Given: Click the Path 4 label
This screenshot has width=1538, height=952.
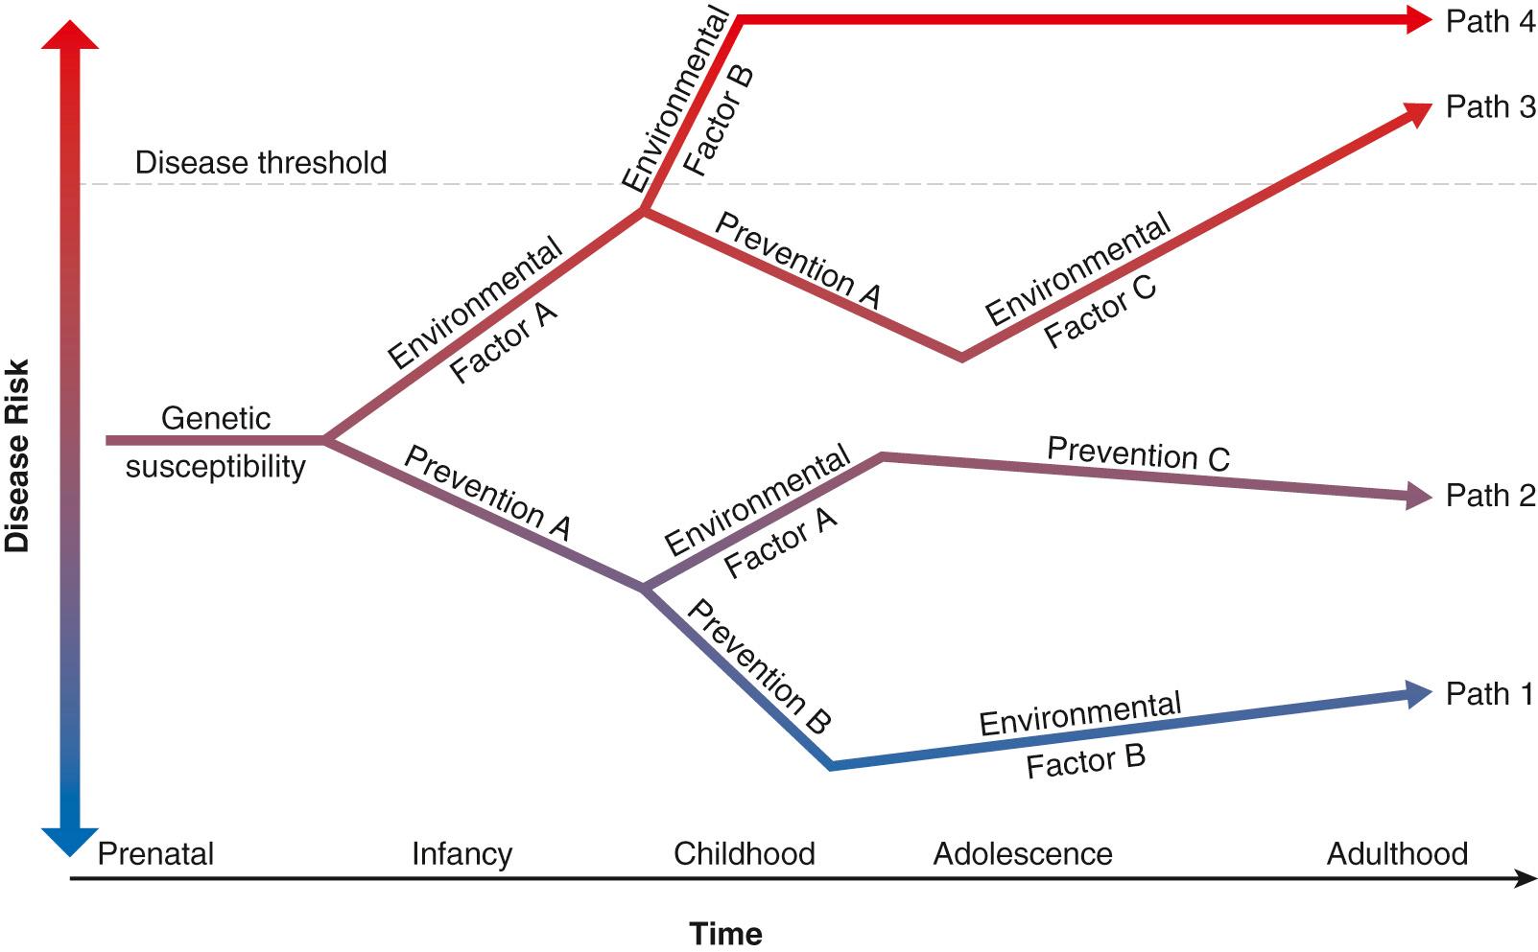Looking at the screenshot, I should coord(1490,21).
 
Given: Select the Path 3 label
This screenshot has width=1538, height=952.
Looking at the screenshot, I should coord(1490,106).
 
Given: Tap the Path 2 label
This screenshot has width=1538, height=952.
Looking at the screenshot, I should coord(1490,496).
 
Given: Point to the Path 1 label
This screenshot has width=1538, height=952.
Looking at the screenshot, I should coord(1490,693).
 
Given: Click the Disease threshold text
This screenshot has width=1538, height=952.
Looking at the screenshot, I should coord(261,162).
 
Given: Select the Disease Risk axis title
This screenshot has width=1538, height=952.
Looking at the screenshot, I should coord(17,455).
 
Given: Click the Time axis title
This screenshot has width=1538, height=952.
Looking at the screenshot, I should coord(725,932).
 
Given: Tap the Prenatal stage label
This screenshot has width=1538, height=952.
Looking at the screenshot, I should coord(155,853).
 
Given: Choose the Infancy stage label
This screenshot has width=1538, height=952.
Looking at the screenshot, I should coord(461,853).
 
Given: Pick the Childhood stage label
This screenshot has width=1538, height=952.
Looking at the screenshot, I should coord(744,853).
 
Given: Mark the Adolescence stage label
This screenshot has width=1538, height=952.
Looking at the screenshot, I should coord(1022,853).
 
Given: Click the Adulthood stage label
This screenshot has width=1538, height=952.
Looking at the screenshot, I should coord(1397,853).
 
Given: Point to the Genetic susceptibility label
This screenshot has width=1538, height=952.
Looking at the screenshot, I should coord(216,442).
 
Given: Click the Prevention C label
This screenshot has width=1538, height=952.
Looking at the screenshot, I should coord(1138,454).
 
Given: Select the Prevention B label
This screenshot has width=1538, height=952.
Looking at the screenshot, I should coord(758,667).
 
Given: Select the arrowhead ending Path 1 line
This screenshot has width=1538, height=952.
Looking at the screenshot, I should coord(1419,693).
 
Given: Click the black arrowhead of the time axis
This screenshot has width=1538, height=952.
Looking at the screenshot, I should coord(1526,878).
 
